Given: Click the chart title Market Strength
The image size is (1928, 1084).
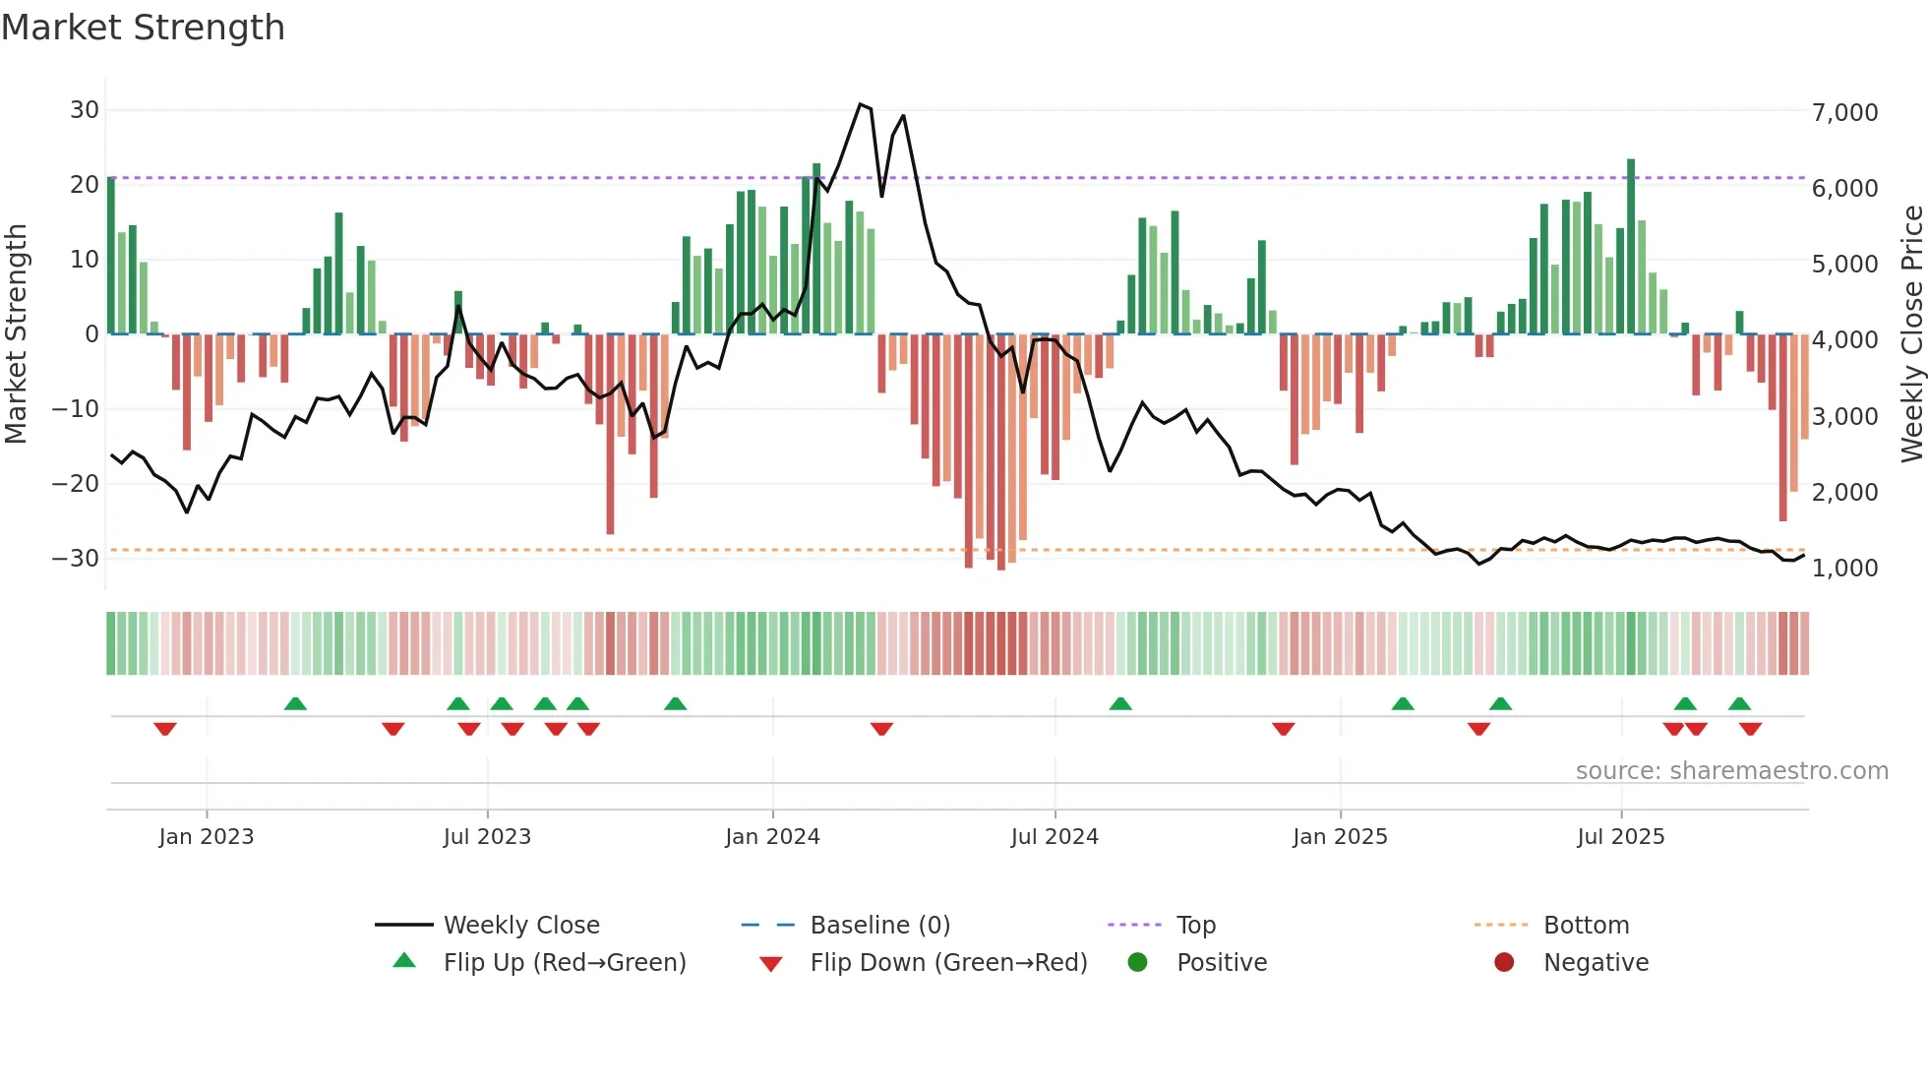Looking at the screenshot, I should click(x=143, y=28).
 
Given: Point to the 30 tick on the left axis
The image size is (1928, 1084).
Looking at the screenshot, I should click(x=84, y=110).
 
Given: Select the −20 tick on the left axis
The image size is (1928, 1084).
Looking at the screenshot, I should click(x=75, y=483).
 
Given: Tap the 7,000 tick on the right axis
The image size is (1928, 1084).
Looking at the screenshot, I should click(x=1844, y=112).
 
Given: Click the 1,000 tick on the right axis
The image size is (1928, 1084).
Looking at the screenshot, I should click(x=1844, y=568).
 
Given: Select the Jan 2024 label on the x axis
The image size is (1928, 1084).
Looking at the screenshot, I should click(x=772, y=837).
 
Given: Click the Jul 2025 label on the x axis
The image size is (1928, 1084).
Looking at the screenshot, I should click(x=1620, y=837).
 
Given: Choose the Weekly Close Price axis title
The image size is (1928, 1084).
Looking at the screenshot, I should click(x=1911, y=334).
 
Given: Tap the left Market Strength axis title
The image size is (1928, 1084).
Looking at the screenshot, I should click(x=16, y=334).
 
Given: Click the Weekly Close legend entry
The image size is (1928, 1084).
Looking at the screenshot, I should click(x=520, y=926).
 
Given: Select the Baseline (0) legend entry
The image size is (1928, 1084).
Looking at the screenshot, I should click(x=879, y=926).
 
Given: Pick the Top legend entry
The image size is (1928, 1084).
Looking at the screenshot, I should click(x=1195, y=926).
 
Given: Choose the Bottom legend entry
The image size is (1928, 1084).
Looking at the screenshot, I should click(x=1586, y=926).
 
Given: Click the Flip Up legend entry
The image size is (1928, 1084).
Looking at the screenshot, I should click(x=564, y=963).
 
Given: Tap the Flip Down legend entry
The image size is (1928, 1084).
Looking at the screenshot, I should click(x=948, y=963).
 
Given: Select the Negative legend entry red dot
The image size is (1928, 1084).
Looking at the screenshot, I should click(x=1504, y=963).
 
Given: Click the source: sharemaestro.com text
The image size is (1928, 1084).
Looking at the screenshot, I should click(x=1731, y=771).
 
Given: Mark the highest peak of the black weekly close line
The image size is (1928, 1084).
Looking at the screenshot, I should click(x=860, y=104).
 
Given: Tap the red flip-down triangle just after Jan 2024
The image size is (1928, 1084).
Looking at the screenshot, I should click(x=881, y=729).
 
